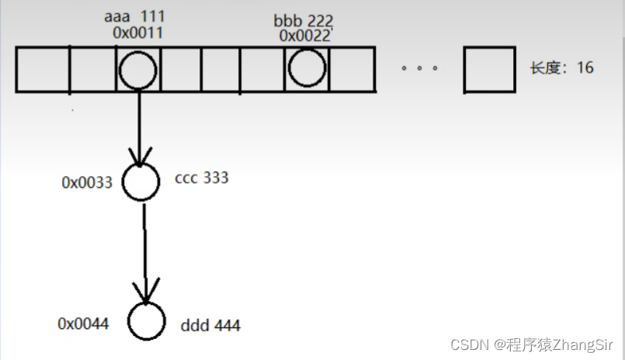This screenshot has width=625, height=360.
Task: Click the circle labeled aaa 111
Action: [x=139, y=70]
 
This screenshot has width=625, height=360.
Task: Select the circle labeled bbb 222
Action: [x=307, y=68]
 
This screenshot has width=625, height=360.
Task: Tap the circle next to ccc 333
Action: [x=141, y=182]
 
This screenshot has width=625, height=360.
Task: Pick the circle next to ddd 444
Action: [x=147, y=321]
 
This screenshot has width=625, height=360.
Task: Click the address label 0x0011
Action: [x=137, y=33]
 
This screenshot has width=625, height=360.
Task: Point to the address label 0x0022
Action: [x=304, y=35]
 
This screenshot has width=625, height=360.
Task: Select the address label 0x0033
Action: [x=87, y=183]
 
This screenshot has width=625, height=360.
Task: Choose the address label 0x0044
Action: [x=83, y=323]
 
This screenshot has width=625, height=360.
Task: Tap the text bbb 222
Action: [x=304, y=19]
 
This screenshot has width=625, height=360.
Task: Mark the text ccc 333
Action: [x=202, y=178]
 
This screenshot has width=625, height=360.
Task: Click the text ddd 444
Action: [x=210, y=325]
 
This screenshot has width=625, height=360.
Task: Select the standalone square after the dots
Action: [x=489, y=70]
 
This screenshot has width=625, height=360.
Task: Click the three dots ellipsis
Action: [x=419, y=68]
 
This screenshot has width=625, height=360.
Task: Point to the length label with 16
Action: [x=561, y=67]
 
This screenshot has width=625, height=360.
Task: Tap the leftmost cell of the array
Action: [x=43, y=70]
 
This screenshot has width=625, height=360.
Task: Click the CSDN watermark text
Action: [x=533, y=344]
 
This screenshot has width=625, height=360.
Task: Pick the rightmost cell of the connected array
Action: [x=354, y=70]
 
